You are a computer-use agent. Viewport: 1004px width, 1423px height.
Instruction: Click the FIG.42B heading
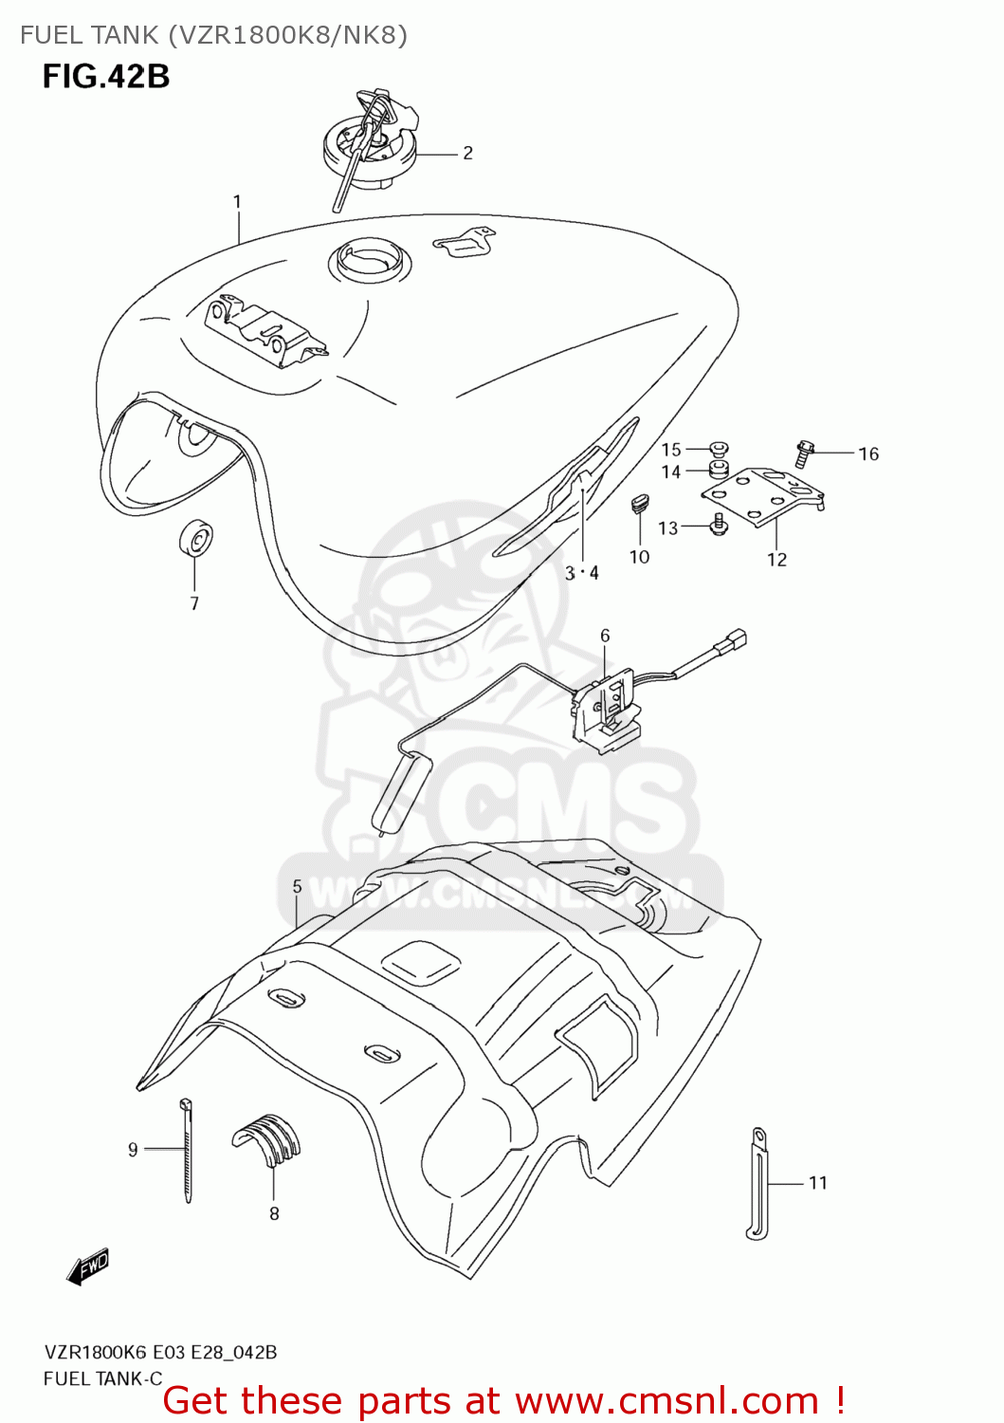click(106, 76)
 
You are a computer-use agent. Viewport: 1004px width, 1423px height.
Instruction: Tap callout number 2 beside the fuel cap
click(467, 153)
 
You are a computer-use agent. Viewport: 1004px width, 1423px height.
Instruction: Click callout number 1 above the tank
click(237, 202)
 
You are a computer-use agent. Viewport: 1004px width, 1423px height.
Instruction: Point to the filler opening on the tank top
click(370, 258)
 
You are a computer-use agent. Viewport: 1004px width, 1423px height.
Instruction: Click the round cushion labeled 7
click(195, 540)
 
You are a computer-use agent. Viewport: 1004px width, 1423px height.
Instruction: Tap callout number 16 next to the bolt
click(868, 454)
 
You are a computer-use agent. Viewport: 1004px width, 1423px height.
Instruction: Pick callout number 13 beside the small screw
click(667, 528)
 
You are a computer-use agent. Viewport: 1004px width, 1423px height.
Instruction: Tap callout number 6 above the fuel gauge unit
click(605, 636)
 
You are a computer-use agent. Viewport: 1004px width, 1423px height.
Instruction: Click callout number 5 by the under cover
click(297, 886)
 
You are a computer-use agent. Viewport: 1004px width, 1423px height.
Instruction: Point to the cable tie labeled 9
click(187, 1150)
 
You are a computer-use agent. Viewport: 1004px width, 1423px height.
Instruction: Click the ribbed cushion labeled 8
click(268, 1137)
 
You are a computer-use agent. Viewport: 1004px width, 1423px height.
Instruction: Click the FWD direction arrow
click(89, 1266)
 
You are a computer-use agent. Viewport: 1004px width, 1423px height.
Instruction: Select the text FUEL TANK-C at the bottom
click(102, 1378)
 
